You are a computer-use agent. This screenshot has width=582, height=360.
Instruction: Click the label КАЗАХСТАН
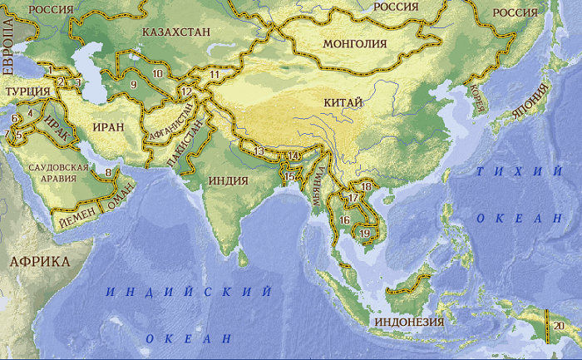pos(176,32)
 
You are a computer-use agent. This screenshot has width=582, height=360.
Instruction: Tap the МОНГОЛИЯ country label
pos(354,44)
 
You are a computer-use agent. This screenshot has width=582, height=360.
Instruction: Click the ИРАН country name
pos(109,127)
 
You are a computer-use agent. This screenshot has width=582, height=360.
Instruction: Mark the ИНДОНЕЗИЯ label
pos(410,322)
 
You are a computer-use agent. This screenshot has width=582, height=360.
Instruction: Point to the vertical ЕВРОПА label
pos(7,49)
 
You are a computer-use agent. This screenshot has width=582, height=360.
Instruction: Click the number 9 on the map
pos(133,83)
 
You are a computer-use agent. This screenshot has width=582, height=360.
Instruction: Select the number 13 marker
pos(260,151)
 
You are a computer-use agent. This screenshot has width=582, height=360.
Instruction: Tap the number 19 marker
pos(364,233)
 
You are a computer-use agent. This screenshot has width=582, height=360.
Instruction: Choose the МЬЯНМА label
pos(318,187)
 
